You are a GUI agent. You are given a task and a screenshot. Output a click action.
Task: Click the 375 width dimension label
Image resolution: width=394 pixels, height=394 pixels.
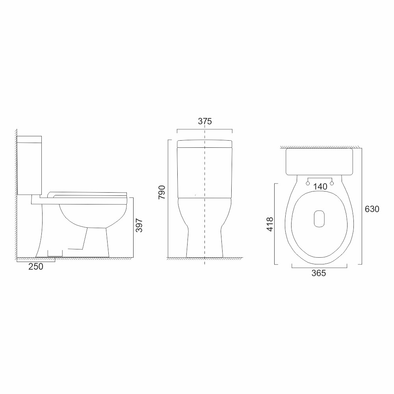(x=205, y=121)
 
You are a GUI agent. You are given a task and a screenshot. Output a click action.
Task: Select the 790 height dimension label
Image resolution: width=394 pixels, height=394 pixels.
(x=161, y=191)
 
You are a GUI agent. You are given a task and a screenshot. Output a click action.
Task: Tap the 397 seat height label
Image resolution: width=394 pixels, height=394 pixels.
(x=139, y=226)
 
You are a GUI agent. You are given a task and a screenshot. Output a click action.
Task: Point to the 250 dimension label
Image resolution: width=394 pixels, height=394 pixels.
(x=35, y=266)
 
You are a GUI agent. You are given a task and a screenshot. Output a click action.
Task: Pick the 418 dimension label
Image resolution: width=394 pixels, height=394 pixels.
(x=269, y=223)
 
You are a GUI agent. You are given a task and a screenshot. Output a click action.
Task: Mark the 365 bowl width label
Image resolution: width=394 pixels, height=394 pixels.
(x=318, y=273)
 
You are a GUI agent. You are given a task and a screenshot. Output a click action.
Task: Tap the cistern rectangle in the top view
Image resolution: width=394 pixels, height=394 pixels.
(x=319, y=162)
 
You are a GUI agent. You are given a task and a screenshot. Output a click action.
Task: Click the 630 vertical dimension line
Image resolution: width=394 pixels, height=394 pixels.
(x=361, y=205)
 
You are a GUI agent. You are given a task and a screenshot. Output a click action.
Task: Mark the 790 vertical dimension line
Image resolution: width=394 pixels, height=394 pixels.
(x=169, y=197)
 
